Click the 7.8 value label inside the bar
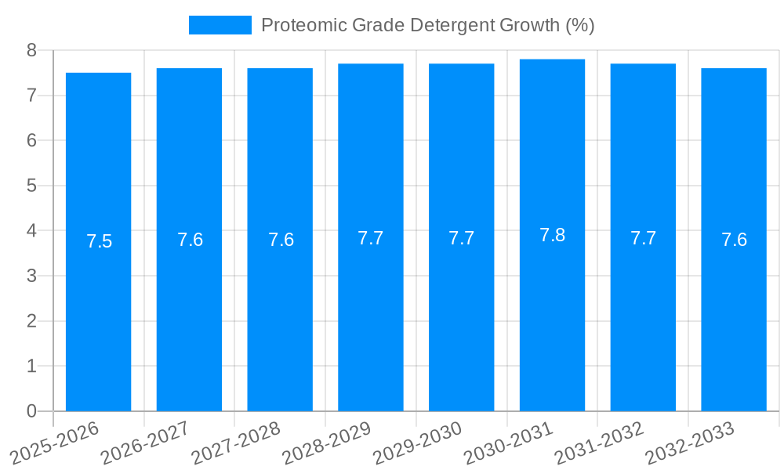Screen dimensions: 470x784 pyautogui.click(x=552, y=235)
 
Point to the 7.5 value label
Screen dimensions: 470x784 pyautogui.click(x=99, y=241)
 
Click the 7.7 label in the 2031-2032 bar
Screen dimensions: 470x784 pyautogui.click(x=643, y=238)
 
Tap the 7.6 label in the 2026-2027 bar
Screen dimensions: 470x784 pyautogui.click(x=190, y=240)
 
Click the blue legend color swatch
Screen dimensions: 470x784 pyautogui.click(x=220, y=25)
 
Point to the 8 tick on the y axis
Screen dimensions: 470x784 pyautogui.click(x=31, y=50)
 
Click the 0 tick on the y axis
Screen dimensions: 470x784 pyautogui.click(x=31, y=411)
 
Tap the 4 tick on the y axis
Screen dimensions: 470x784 pyautogui.click(x=31, y=231)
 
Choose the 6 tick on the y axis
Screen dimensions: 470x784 pyautogui.click(x=31, y=140)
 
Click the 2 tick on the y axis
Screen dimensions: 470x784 pyautogui.click(x=31, y=321)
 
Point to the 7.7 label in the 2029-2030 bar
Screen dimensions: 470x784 pyautogui.click(x=461, y=238)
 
